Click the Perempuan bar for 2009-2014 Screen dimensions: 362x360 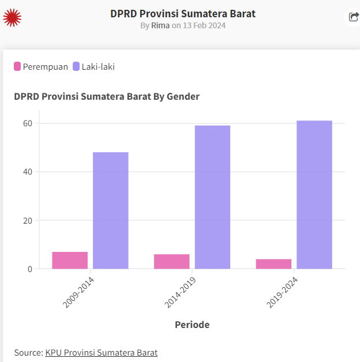pos(70,260)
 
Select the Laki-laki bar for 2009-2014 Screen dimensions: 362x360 pos(111,210)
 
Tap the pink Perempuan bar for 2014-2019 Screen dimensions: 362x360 pos(172,261)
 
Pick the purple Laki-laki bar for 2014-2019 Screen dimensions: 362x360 pos(212,197)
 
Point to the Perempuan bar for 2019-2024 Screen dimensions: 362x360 pos(273,263)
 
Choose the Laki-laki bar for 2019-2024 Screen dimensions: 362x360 pos(314,195)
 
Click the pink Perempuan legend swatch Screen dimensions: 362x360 pos(17,66)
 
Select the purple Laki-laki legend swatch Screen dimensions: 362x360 pos(76,66)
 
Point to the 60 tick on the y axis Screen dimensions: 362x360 pos(27,123)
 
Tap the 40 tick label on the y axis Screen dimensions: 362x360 pos(27,172)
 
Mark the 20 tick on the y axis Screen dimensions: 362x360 pos(27,220)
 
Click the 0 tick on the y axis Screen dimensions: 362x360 pos(29,269)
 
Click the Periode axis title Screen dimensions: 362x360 pos(192,325)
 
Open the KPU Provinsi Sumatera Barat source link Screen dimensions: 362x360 pos(101,352)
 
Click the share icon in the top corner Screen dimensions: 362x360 pos(353,17)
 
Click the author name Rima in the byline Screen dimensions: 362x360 pos(160,25)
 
